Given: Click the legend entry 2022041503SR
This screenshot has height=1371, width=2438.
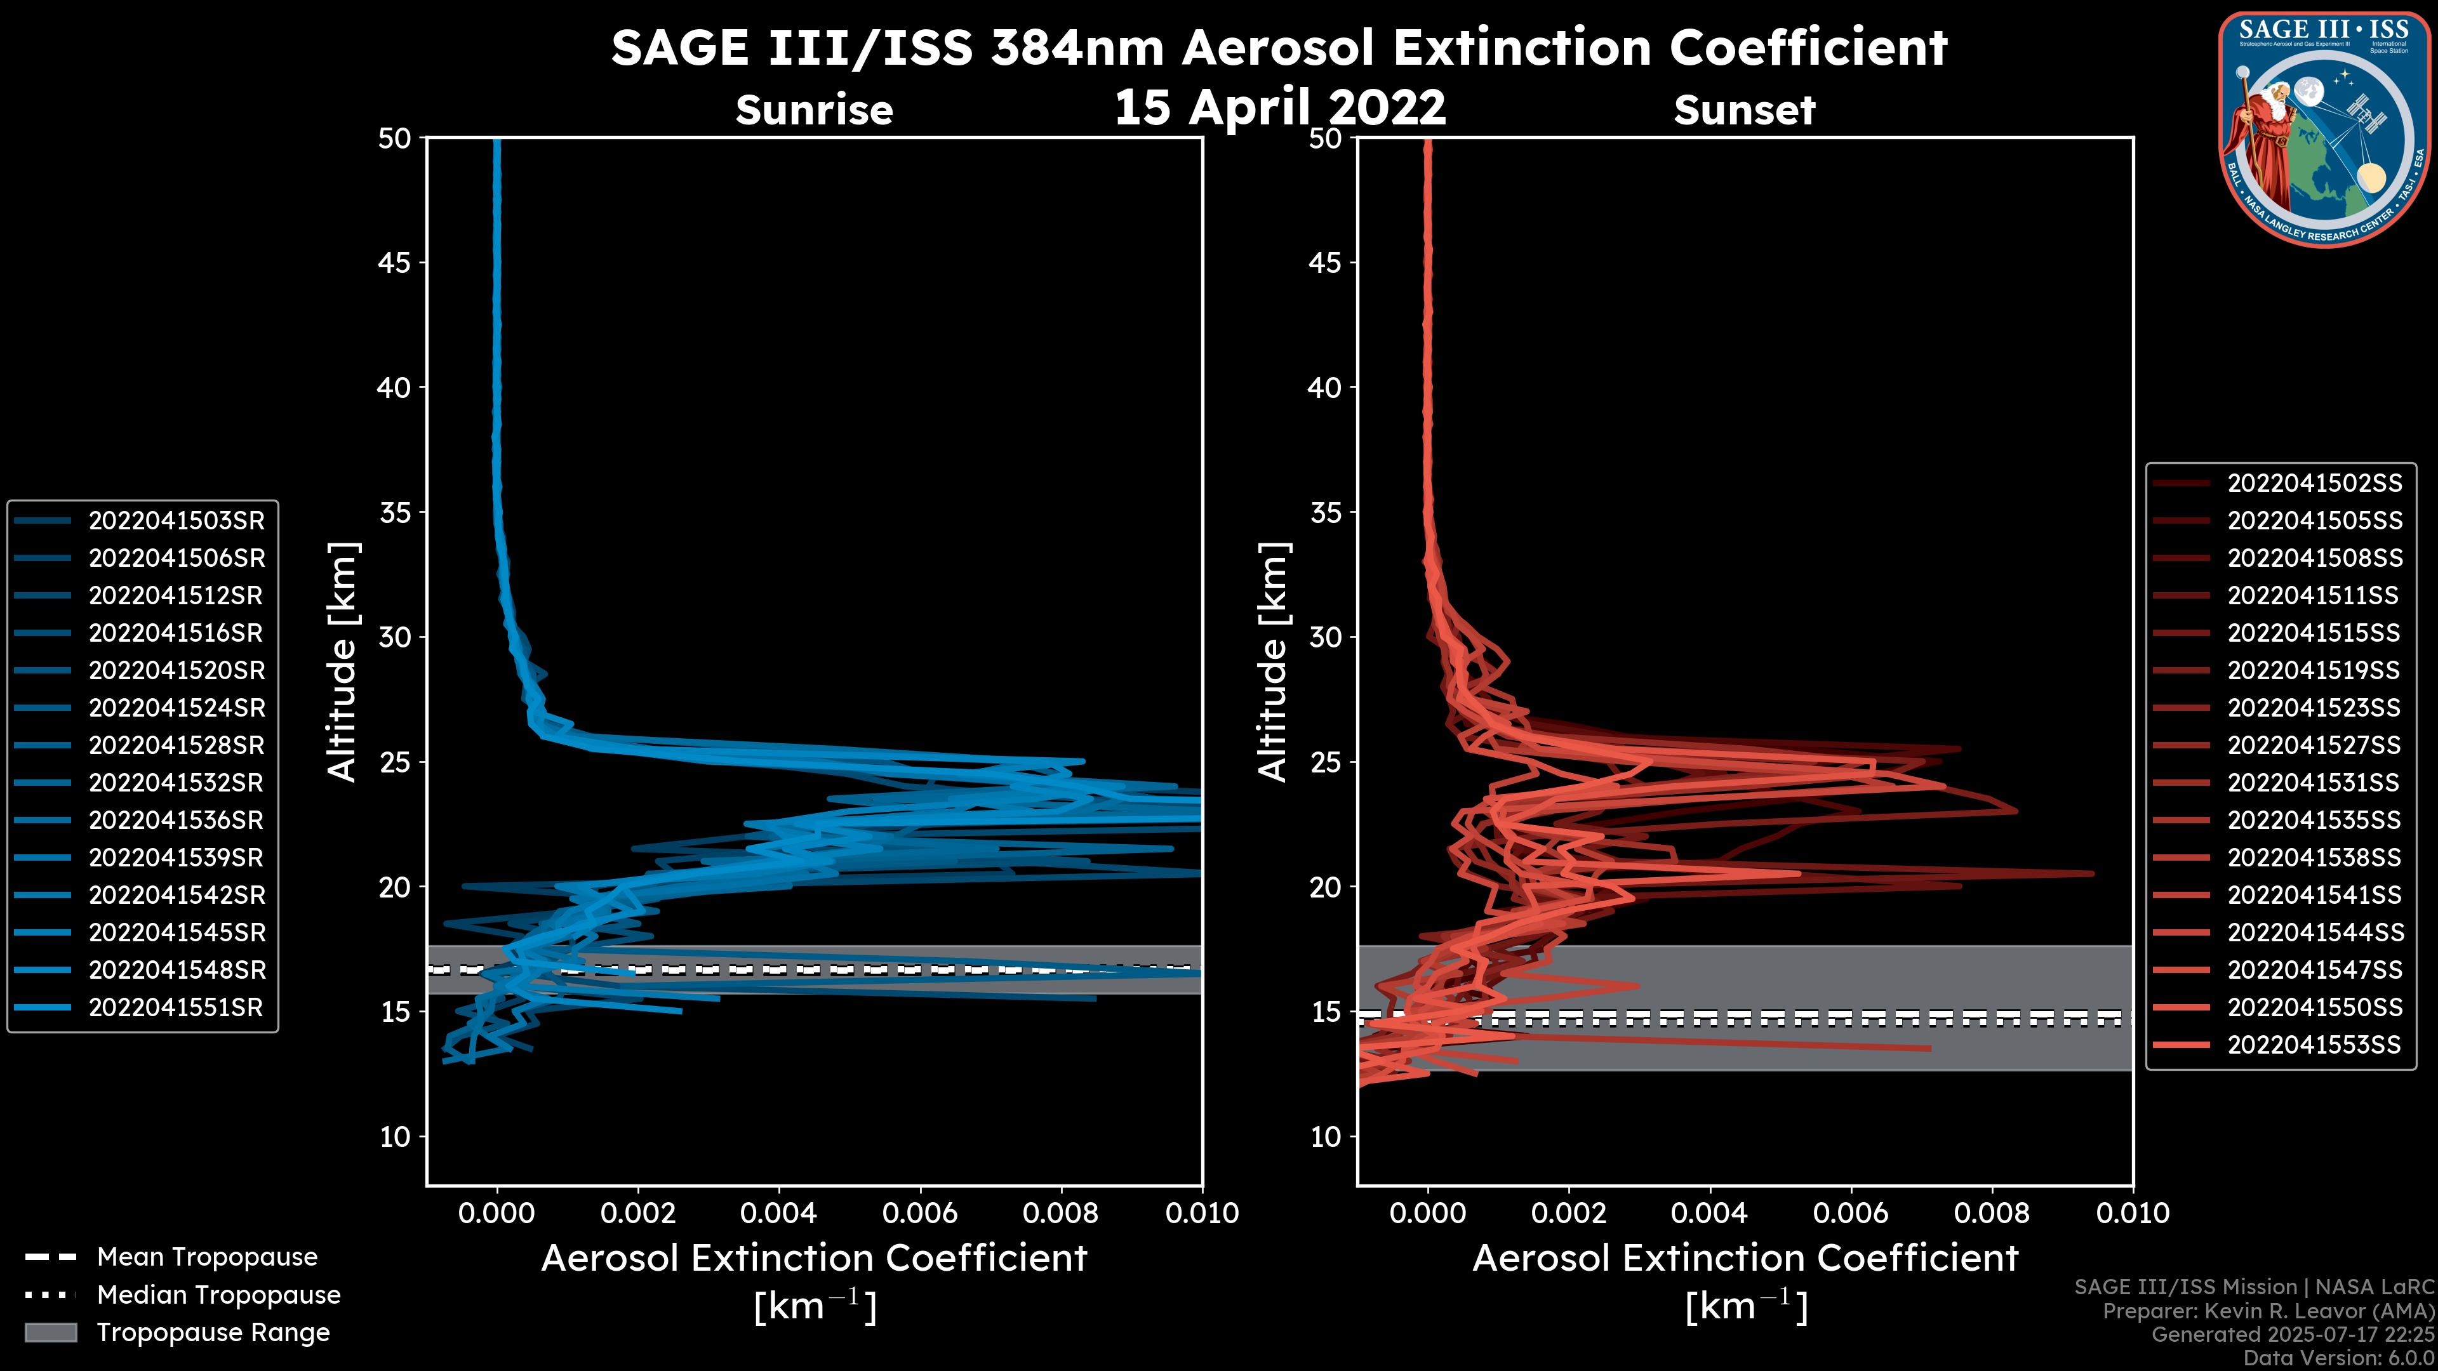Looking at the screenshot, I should (x=176, y=521).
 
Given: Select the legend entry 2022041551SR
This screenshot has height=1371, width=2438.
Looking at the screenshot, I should (x=176, y=1008).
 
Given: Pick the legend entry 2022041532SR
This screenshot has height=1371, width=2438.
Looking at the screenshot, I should (x=176, y=783).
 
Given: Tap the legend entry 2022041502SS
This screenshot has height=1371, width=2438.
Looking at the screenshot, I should (x=2314, y=484).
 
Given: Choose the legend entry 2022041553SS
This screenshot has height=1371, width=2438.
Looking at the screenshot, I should (x=2314, y=1045).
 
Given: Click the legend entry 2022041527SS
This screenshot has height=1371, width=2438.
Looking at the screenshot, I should (x=2314, y=746).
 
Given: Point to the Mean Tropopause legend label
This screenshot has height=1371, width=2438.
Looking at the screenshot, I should (x=207, y=1257).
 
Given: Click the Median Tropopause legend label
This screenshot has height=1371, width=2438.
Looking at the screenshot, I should (x=218, y=1295).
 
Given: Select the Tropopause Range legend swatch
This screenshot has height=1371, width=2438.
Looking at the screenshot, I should (x=51, y=1332).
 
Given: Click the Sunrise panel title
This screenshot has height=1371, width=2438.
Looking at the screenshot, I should (x=814, y=110).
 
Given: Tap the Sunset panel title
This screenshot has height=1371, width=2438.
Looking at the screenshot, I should (x=1744, y=110).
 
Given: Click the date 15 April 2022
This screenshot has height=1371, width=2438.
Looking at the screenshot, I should (x=1279, y=107).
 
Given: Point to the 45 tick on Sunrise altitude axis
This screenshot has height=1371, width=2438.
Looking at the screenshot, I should (x=395, y=263).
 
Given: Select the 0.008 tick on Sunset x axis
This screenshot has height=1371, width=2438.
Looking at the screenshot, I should (x=1992, y=1213).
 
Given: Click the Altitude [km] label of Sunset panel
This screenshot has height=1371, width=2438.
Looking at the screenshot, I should (x=1274, y=662).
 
